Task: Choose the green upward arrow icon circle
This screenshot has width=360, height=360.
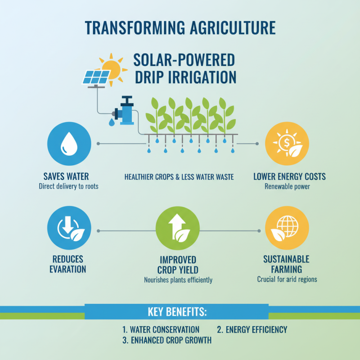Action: (177, 230)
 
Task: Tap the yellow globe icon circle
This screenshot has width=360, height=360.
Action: (287, 230)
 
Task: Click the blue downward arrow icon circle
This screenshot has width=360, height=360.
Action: (69, 230)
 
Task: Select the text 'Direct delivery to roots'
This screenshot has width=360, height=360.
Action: (69, 186)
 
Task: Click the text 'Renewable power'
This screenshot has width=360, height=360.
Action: (287, 186)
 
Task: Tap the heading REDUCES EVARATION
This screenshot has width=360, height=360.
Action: (69, 265)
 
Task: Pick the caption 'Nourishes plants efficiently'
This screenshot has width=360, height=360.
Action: (178, 280)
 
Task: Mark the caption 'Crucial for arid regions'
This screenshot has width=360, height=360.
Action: (287, 279)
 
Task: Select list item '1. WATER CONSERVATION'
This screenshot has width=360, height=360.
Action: (161, 330)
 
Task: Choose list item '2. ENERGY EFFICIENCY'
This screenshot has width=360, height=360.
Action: (252, 330)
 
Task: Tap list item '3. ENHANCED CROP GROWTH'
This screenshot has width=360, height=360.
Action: (167, 341)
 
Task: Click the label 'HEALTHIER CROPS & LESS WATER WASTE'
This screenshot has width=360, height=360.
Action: (179, 177)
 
